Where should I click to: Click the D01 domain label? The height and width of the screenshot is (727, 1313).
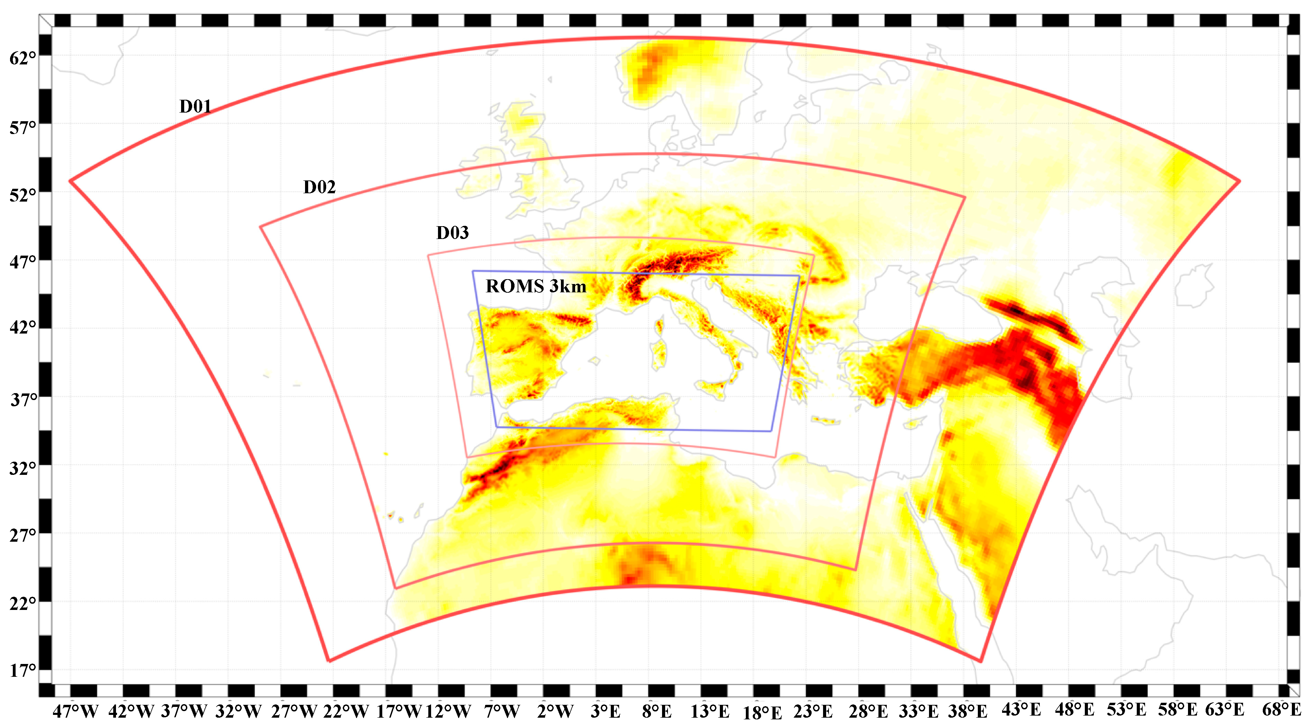click(195, 107)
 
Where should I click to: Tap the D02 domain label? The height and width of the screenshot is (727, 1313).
click(319, 187)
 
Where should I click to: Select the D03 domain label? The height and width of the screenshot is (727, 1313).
click(452, 233)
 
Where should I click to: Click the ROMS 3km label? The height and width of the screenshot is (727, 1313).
click(536, 286)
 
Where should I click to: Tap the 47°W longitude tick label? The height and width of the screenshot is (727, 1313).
click(75, 711)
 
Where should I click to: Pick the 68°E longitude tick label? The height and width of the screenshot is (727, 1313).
click(1281, 710)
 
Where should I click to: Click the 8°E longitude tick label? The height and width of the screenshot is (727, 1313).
click(657, 711)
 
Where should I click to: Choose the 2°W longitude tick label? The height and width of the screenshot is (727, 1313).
click(555, 711)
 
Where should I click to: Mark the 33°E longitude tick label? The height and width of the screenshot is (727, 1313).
click(918, 711)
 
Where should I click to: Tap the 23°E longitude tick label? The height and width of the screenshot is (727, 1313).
click(813, 711)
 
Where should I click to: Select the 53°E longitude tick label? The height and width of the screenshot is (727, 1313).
click(1126, 710)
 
